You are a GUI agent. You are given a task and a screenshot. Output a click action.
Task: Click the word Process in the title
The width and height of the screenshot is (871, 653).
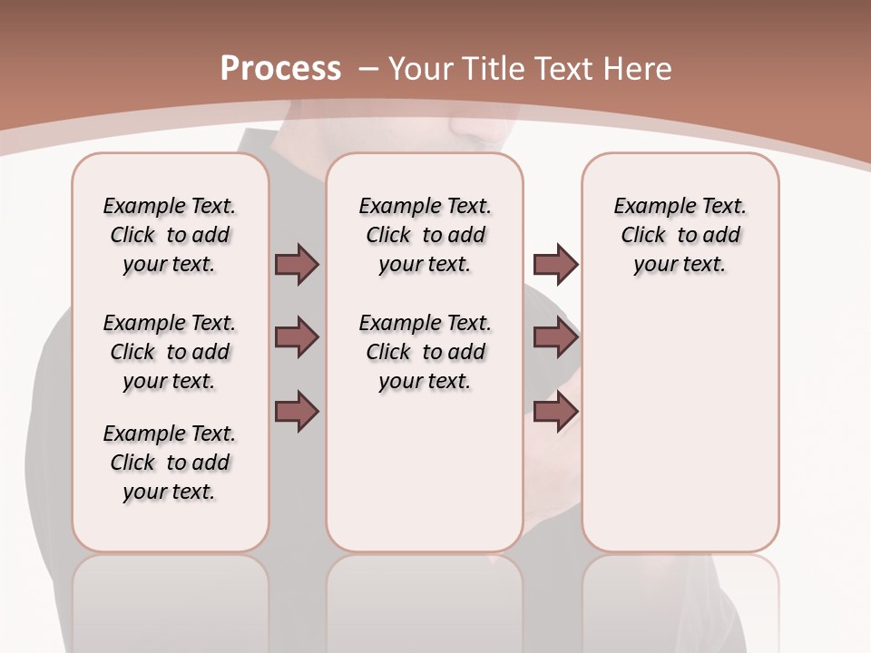(x=280, y=68)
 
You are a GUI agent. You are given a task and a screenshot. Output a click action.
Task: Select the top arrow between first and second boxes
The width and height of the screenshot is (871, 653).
(x=297, y=264)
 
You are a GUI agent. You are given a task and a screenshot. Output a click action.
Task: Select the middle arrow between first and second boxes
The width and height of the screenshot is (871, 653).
(x=297, y=337)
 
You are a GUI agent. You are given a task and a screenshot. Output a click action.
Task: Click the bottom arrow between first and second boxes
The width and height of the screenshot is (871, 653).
(x=297, y=411)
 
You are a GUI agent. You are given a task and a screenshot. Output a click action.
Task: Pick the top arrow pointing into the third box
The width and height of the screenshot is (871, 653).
(x=555, y=264)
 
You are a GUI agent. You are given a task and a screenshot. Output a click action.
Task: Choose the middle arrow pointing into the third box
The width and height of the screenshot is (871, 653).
(x=555, y=337)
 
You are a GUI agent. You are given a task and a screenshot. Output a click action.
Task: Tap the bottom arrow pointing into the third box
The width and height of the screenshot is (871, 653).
(x=555, y=411)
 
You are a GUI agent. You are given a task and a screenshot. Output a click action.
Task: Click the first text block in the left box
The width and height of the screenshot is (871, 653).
(x=170, y=235)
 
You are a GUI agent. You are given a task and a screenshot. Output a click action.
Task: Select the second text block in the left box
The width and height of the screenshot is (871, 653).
(x=170, y=352)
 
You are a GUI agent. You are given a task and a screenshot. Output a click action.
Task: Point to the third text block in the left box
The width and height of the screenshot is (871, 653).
(x=170, y=463)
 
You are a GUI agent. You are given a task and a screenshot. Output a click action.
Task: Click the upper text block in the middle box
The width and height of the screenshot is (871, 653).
(x=425, y=235)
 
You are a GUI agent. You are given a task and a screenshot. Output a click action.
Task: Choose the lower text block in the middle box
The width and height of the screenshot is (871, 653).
(x=425, y=352)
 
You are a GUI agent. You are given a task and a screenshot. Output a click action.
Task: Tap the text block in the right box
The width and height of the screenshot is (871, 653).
(x=680, y=235)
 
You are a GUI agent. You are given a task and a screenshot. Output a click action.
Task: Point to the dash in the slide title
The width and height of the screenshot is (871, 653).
(x=368, y=69)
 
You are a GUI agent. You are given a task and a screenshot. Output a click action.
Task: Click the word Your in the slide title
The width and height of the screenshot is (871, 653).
(x=422, y=69)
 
